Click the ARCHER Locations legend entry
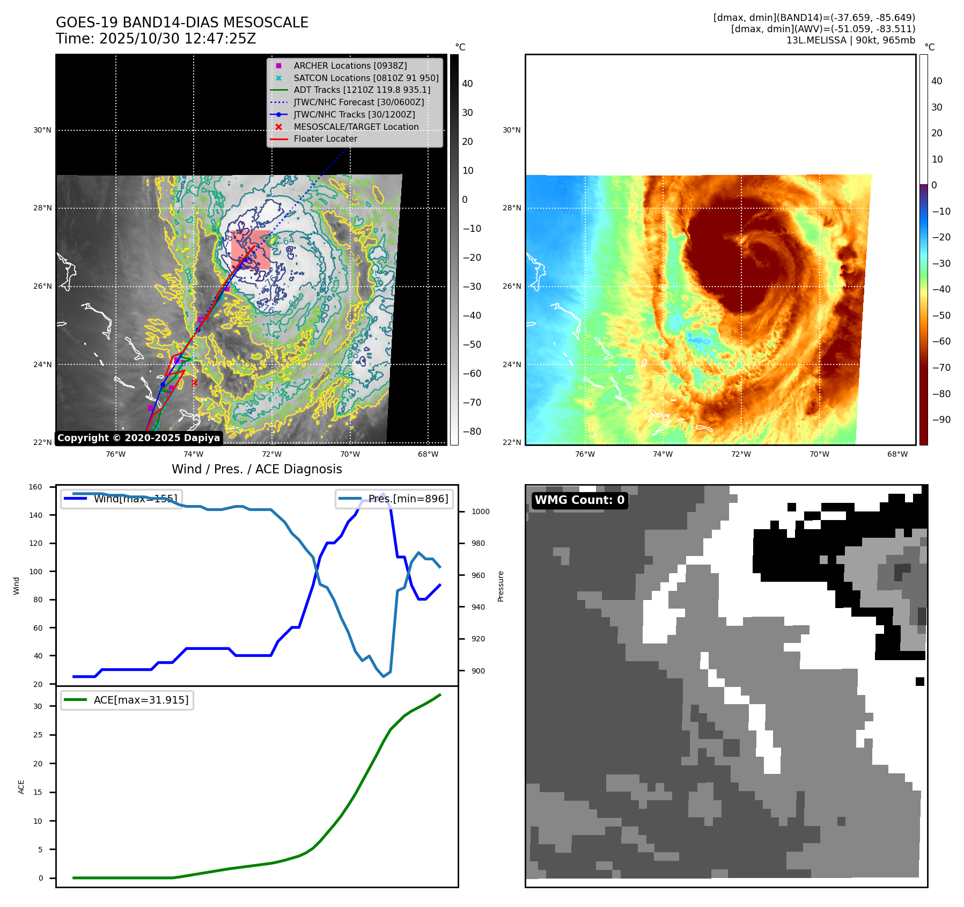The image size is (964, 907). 350,65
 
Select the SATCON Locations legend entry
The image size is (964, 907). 366,78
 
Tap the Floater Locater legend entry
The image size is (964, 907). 325,138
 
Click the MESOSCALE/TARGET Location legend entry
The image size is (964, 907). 356,127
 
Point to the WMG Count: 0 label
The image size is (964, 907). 579,500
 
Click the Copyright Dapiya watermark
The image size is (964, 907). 138,438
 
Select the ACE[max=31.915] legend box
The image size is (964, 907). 127,700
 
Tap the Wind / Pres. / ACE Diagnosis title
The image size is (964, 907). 256,469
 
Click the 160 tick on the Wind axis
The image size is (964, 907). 35,487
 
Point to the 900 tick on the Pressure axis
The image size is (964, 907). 480,671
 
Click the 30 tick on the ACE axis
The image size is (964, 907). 38,706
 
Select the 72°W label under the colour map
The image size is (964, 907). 741,455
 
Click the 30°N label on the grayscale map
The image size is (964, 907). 42,130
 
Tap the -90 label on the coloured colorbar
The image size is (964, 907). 941,420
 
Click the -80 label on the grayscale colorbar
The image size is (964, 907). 472,431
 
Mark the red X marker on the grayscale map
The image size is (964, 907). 194,383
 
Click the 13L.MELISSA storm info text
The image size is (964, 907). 850,40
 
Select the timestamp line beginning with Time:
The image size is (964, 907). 156,39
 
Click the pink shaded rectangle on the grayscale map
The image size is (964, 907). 251,250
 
